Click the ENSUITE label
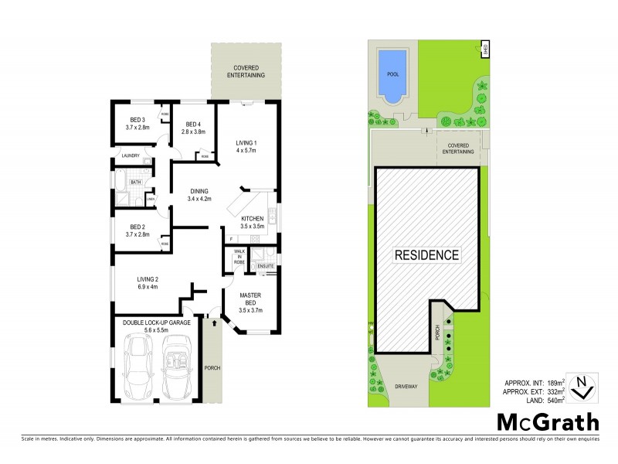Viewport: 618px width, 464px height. [x=266, y=266]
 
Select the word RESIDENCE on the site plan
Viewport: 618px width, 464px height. [x=427, y=254]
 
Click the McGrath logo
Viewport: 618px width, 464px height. [x=548, y=421]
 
